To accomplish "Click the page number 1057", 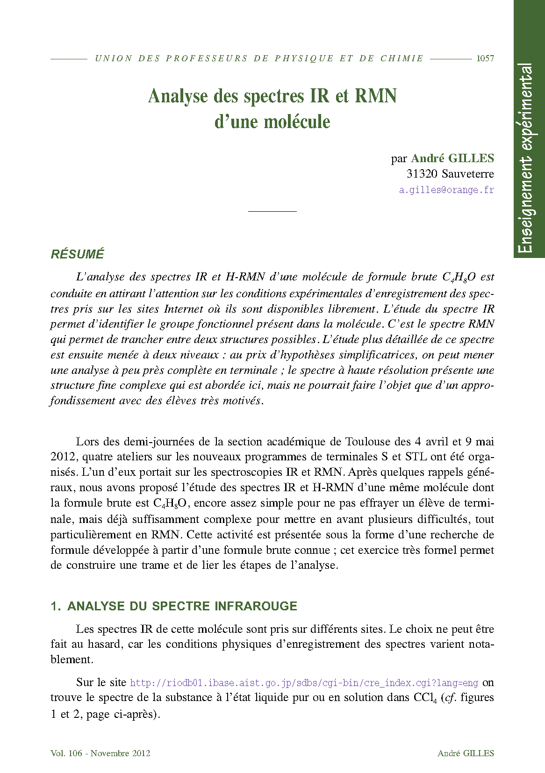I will click(x=485, y=58).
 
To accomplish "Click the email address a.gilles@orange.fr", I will click(x=446, y=190).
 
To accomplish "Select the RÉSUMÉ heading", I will click(x=78, y=254).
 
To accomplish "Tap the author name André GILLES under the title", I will click(x=452, y=158).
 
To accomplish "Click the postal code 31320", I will click(x=422, y=174).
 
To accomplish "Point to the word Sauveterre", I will click(x=467, y=174).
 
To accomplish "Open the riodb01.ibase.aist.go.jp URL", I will click(x=304, y=683).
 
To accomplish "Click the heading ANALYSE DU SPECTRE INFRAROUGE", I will click(x=182, y=606).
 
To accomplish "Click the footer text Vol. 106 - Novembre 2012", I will click(x=100, y=753).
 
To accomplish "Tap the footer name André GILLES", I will click(x=466, y=753).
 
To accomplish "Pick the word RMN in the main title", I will click(x=376, y=96).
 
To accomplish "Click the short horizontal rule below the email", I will click(x=272, y=211).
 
